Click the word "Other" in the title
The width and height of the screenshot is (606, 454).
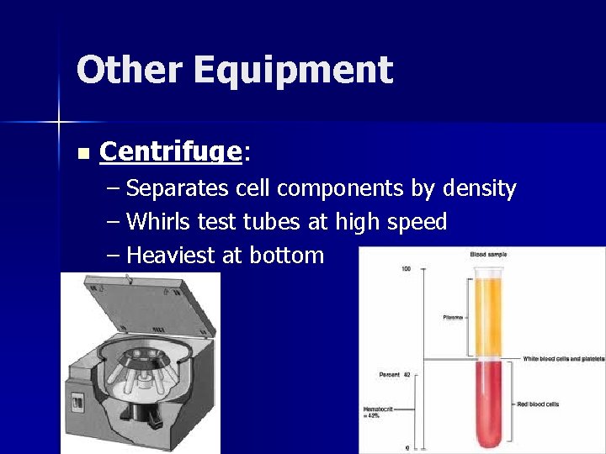click(129, 70)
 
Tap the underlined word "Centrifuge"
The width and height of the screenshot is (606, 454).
click(171, 151)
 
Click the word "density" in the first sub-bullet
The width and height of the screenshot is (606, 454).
click(476, 189)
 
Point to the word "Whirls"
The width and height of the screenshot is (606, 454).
click(159, 222)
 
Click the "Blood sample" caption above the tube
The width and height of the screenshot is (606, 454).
click(488, 255)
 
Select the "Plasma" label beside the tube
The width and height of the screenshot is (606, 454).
click(452, 317)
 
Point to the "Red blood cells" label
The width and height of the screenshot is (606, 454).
click(540, 404)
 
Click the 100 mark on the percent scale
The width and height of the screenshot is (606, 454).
click(406, 269)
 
